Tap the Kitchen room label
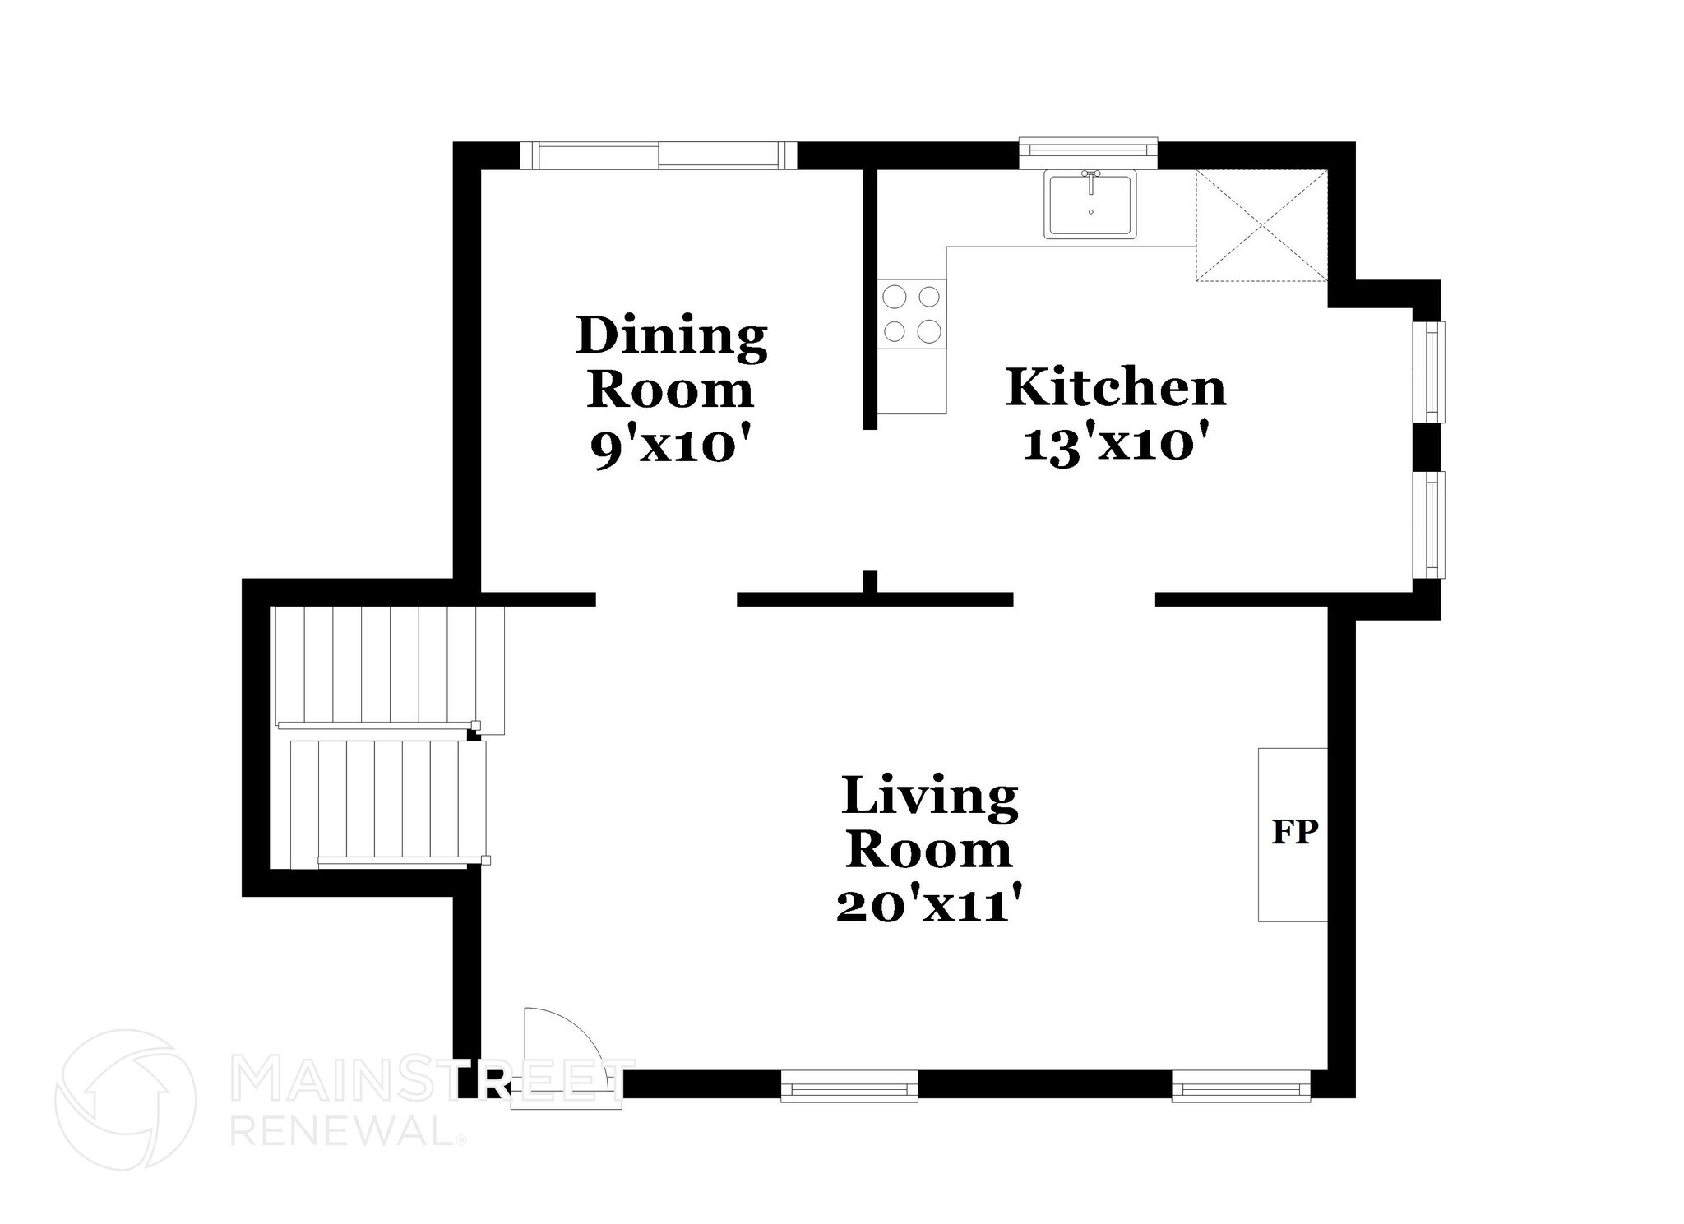(1116, 388)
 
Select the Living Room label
(929, 822)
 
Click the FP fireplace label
(1294, 832)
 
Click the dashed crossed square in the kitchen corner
(1261, 225)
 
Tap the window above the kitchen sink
(1088, 150)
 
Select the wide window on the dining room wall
(659, 155)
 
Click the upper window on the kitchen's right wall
(1434, 371)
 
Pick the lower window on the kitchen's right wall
(1434, 524)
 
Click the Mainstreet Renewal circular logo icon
(125, 1099)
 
